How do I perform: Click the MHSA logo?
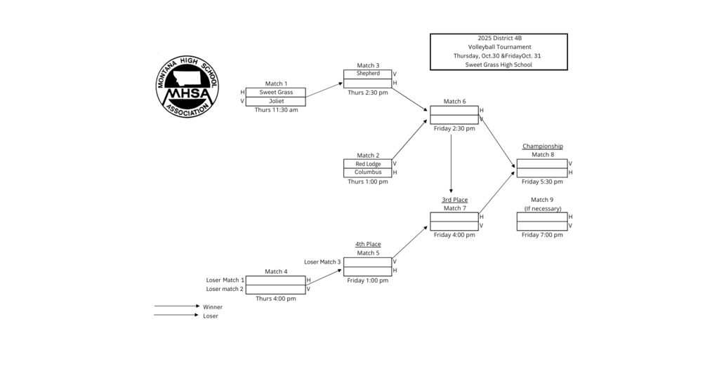coord(187,86)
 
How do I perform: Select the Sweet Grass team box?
coord(275,92)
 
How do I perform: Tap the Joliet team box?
coord(275,101)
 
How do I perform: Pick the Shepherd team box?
coord(368,74)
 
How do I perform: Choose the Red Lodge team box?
coord(368,164)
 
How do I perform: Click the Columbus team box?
coord(368,172)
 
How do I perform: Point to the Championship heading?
coord(542,146)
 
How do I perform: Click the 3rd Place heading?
coord(454,200)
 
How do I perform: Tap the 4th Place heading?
coord(368,244)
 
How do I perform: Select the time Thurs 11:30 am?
coord(276,110)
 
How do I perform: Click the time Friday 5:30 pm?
coord(542,182)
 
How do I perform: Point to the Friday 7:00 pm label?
coord(542,235)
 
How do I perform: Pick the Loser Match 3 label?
coord(322,262)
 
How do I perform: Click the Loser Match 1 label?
coord(225,280)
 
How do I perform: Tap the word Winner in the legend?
coord(213,306)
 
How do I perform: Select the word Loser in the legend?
coord(211,316)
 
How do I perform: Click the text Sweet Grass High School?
coord(499,65)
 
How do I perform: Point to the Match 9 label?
coord(542,200)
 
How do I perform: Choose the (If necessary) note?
coord(542,208)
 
